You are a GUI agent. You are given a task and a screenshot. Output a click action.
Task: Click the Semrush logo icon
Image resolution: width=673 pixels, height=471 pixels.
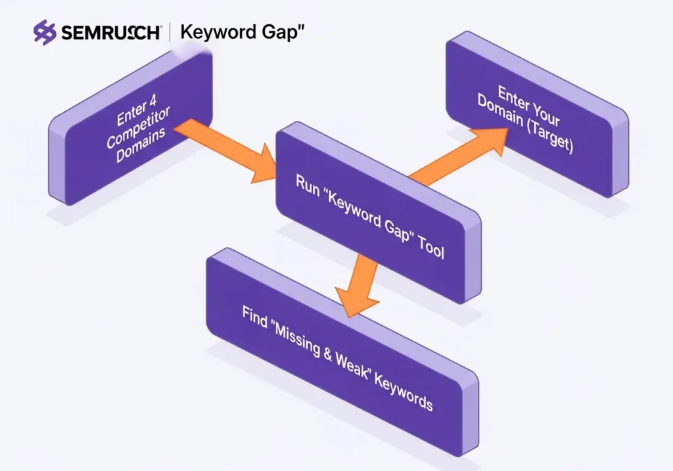(45, 32)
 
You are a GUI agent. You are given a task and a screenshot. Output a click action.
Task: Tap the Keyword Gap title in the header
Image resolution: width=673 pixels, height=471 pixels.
(241, 32)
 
